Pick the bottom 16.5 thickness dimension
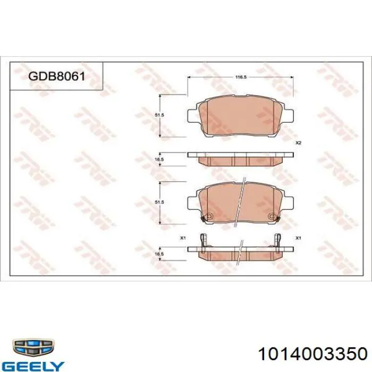pos(158,255)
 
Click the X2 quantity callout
pos(298,143)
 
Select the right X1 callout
pos(298,238)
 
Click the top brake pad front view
pos(241,117)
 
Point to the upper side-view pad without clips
pos(241,159)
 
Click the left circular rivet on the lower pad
pos(209,216)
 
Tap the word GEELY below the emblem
pos(33,366)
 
